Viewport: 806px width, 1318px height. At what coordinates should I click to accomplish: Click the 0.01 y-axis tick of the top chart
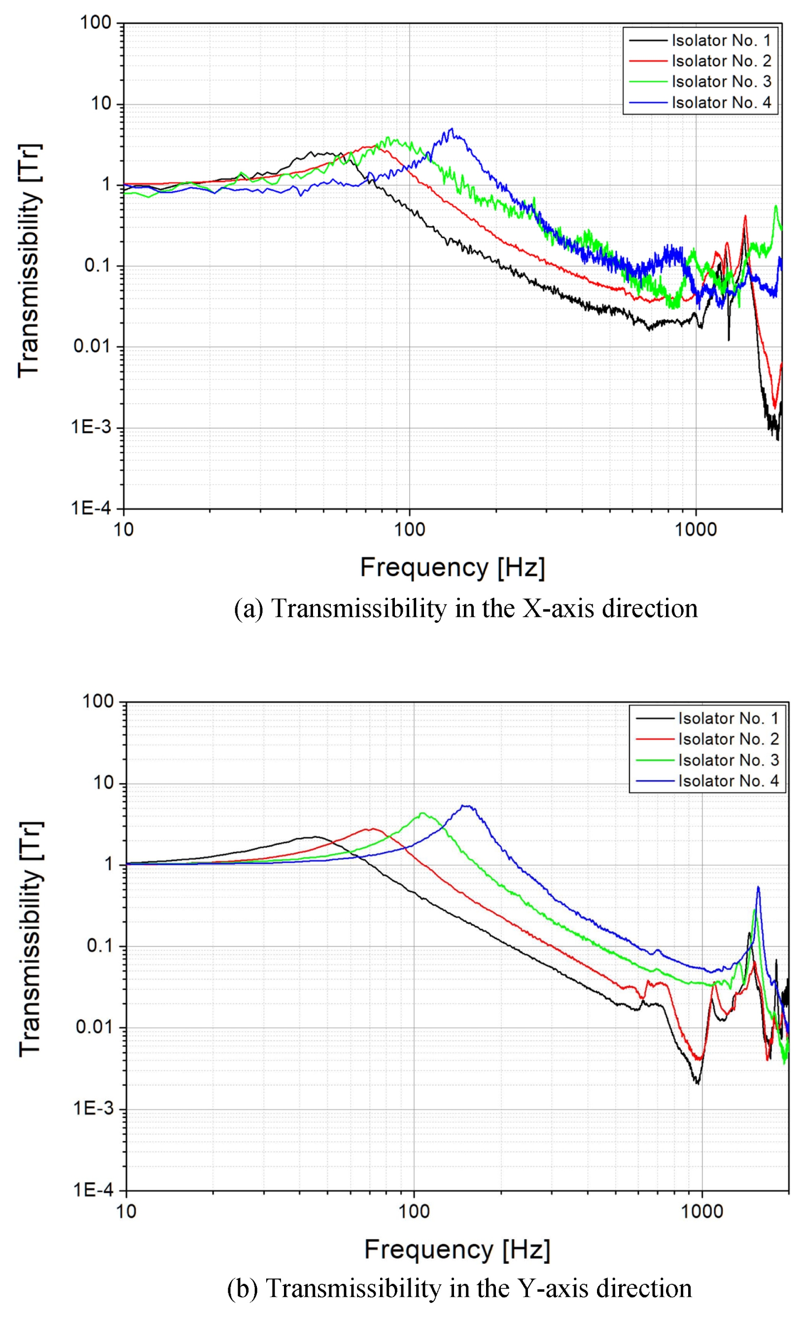[92, 346]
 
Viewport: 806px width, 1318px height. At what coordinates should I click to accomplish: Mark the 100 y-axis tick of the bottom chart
[98, 701]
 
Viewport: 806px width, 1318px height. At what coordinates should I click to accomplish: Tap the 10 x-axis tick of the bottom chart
[126, 1211]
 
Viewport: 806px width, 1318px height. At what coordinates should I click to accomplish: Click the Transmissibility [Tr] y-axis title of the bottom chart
[31, 939]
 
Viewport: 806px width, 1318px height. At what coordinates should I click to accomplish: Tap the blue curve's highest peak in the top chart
[452, 129]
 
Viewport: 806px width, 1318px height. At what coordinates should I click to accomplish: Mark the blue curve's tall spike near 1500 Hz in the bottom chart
[757, 888]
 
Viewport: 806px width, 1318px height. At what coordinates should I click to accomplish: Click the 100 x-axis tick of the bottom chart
[414, 1211]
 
